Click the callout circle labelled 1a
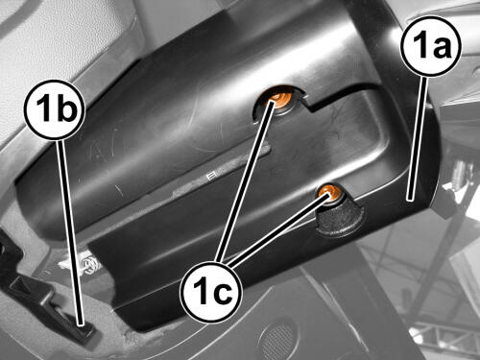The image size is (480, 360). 431,46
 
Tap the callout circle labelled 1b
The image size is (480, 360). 55,109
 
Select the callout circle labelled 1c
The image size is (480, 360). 210,291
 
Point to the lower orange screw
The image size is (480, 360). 329,192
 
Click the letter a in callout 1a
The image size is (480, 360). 441,48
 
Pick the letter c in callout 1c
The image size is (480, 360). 221,293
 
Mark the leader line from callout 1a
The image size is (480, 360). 417,138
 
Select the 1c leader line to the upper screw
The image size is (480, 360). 244,180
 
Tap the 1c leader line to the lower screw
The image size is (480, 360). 277,228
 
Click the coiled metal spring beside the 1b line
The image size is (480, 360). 88,264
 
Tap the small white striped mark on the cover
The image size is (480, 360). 210,177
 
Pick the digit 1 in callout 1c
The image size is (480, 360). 200,290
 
